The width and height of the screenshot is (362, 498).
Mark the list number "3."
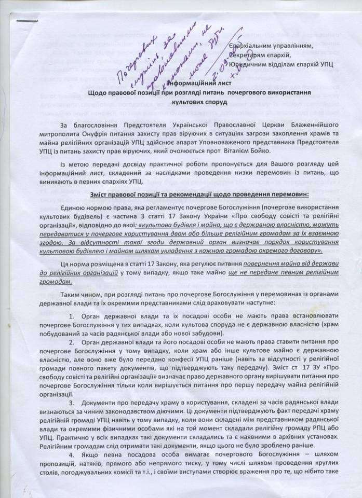tap(72, 403)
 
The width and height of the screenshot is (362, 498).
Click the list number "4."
tap(72, 463)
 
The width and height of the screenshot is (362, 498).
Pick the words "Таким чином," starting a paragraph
tap(79, 295)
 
